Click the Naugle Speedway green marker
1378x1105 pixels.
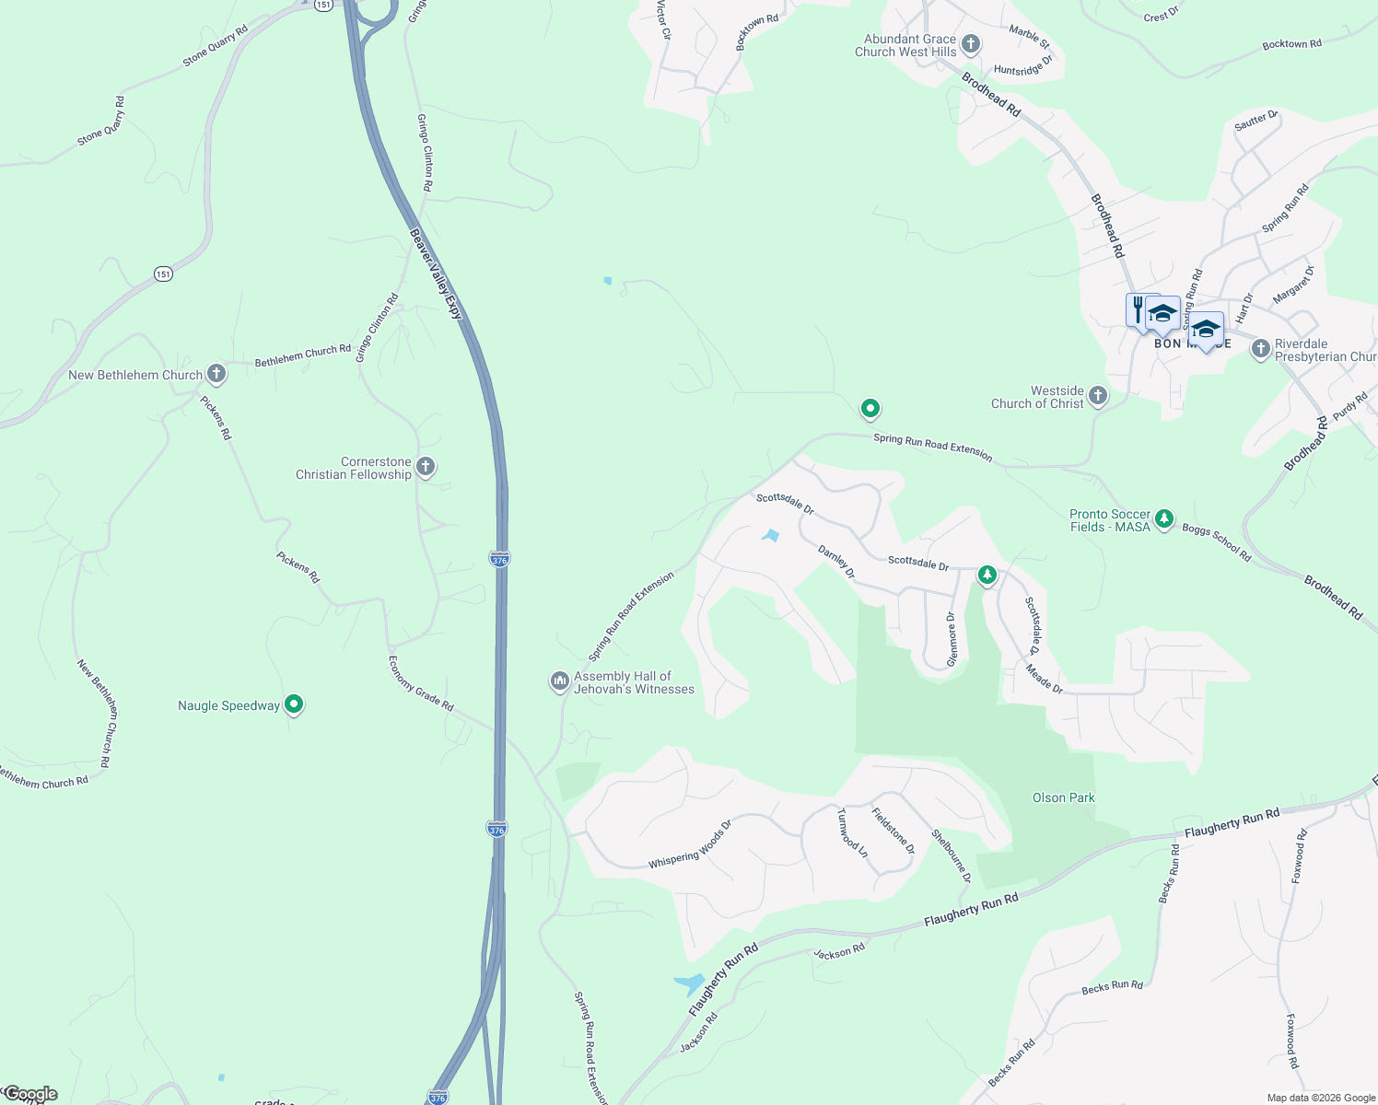click(x=294, y=704)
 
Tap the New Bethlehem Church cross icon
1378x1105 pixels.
click(x=216, y=374)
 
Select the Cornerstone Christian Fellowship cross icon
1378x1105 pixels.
click(x=426, y=467)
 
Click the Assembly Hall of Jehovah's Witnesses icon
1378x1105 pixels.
click(x=559, y=681)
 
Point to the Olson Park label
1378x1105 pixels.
click(x=1063, y=797)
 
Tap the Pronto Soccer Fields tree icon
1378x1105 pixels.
click(x=1164, y=519)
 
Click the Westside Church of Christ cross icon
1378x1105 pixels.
click(x=1097, y=396)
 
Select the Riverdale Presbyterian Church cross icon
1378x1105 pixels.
click(x=1260, y=349)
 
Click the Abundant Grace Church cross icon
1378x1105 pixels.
click(x=970, y=43)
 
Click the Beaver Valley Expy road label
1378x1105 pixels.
click(x=435, y=273)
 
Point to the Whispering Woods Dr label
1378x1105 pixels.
click(x=690, y=844)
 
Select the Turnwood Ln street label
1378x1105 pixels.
click(x=852, y=832)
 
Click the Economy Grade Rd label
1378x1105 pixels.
click(x=421, y=683)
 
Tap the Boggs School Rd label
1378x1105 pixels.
click(x=1216, y=542)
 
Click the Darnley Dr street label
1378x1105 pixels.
click(x=836, y=562)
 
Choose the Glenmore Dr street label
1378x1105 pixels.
click(x=952, y=639)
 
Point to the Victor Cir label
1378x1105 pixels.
click(x=664, y=19)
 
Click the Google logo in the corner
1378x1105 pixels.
click(x=29, y=1094)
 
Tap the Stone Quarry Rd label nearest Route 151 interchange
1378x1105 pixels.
click(x=216, y=45)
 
